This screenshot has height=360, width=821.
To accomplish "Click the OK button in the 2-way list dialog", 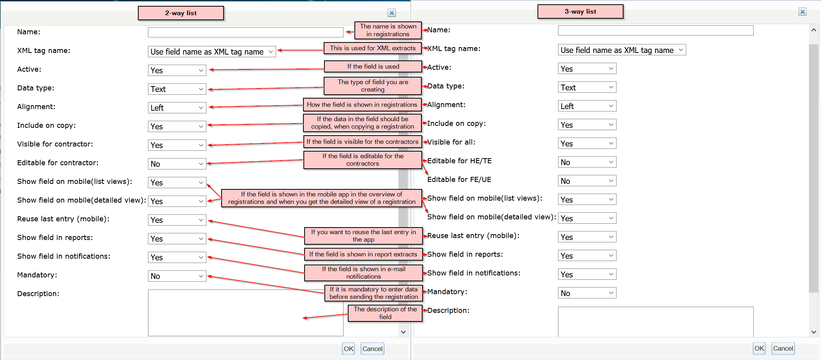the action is coord(349,349).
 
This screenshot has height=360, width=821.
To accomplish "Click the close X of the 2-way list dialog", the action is coord(392,13).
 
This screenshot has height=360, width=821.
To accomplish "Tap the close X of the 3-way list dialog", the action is coord(803,12).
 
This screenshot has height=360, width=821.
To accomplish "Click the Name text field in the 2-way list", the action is coord(245,32).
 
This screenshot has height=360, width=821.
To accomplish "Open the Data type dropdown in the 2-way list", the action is coord(177,89).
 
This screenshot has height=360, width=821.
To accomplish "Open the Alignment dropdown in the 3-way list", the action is coord(587,106).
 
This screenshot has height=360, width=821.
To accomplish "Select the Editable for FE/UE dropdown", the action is coord(587,181).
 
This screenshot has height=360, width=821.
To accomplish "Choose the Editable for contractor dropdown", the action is coord(177,164).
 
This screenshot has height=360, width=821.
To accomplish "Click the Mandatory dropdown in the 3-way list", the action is coord(587,293).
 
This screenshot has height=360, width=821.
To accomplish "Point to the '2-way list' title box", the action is coord(181,13).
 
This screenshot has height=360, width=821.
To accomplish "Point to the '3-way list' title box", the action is coord(580,11).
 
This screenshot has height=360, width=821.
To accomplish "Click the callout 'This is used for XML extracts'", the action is coord(373,48).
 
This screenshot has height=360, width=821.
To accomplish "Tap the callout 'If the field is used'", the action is coord(373,66).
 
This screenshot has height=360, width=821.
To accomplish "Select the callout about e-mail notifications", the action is coord(363,273).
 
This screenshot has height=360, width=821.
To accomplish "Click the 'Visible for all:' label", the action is coord(451,142).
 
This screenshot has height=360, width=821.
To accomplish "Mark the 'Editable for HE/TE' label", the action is coord(460,161).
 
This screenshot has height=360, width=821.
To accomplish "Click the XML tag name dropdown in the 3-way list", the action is coord(622,50).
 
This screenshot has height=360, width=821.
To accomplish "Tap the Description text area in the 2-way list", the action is coord(245,312).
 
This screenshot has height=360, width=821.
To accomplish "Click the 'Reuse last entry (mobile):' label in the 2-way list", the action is coord(63,219).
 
